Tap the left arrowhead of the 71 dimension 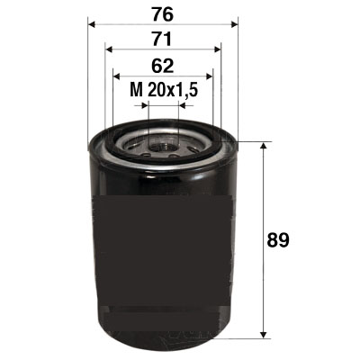[x=108, y=49]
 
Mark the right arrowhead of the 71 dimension [x=218, y=49]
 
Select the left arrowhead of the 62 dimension [x=116, y=76]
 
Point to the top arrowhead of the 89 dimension [x=264, y=147]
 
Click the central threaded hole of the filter [x=163, y=143]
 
